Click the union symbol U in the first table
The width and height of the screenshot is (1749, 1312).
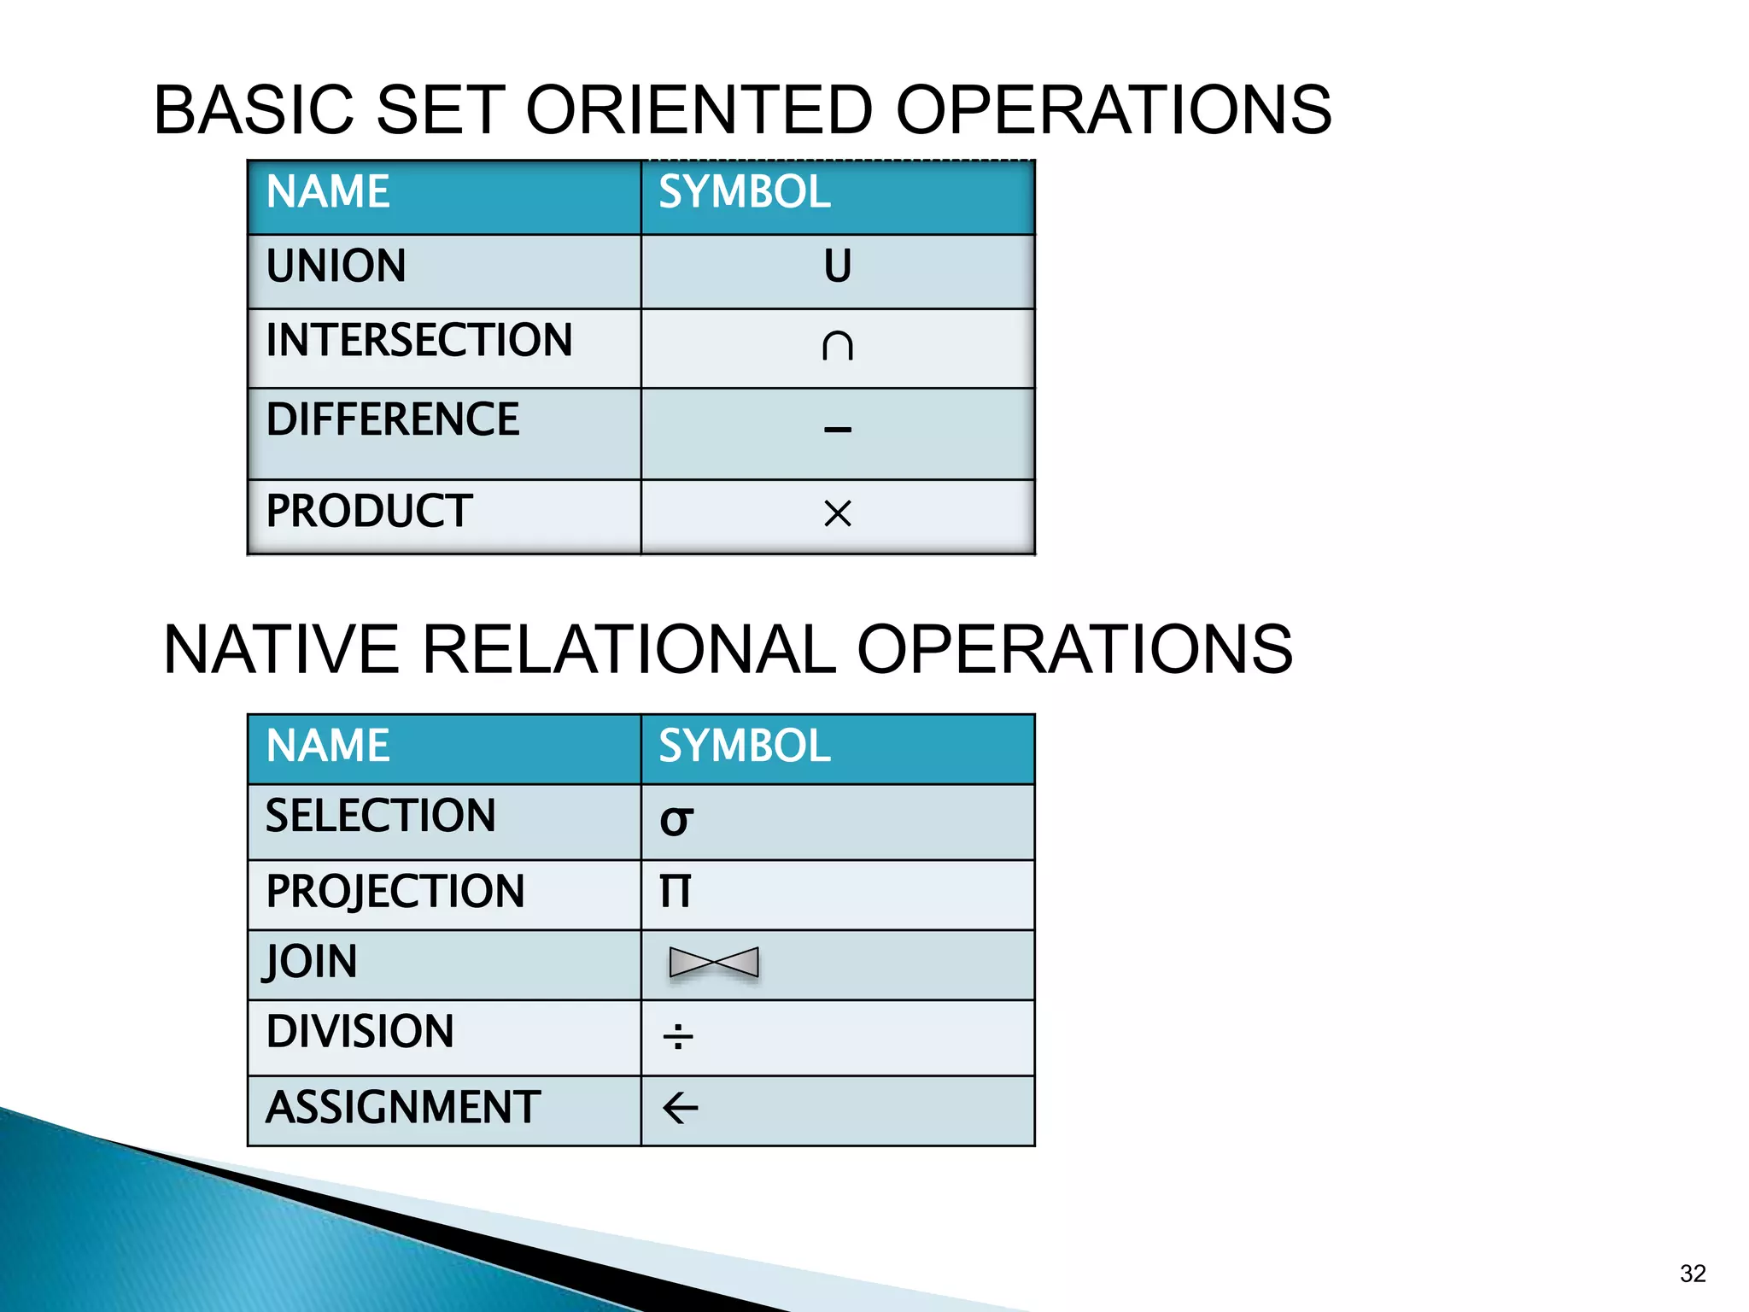pyautogui.click(x=837, y=266)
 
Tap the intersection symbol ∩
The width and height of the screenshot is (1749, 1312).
pyautogui.click(x=837, y=345)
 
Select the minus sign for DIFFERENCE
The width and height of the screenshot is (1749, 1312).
pyautogui.click(x=837, y=429)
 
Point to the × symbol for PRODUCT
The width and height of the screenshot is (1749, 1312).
pyautogui.click(x=837, y=513)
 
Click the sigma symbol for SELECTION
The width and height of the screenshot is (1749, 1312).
pyautogui.click(x=676, y=821)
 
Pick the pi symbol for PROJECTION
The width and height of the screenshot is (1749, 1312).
pyautogui.click(x=675, y=891)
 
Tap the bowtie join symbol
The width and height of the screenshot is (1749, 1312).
pyautogui.click(x=714, y=963)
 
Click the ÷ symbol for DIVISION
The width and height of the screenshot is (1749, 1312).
pyautogui.click(x=678, y=1036)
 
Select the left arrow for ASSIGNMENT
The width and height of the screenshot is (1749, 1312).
pyautogui.click(x=680, y=1109)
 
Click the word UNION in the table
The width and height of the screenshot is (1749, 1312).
pyautogui.click(x=336, y=266)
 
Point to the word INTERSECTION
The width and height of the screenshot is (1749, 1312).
pyautogui.click(x=418, y=340)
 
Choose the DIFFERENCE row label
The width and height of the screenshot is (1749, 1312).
pyautogui.click(x=392, y=419)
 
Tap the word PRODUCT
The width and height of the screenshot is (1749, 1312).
pyautogui.click(x=369, y=511)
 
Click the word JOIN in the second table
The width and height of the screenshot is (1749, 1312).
pyautogui.click(x=311, y=962)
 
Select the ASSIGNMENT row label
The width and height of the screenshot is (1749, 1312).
pyautogui.click(x=402, y=1107)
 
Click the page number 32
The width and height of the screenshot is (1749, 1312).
pyautogui.click(x=1692, y=1274)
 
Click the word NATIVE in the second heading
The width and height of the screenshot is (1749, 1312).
pyautogui.click(x=281, y=649)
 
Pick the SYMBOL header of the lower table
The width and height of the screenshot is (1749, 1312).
pyautogui.click(x=744, y=746)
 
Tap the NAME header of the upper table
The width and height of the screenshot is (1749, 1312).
pyautogui.click(x=328, y=191)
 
